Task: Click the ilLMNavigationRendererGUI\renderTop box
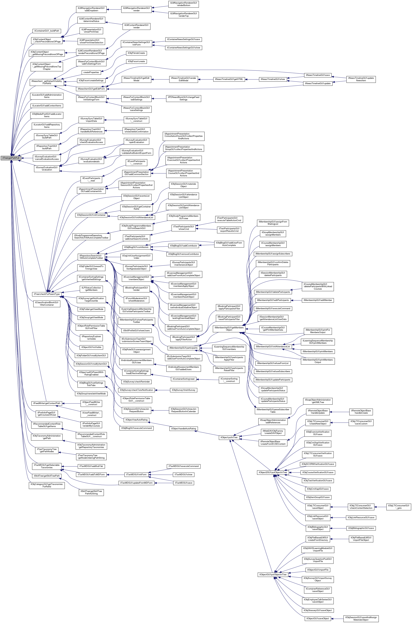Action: tap(183, 15)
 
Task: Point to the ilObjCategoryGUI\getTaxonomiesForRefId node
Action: tap(47, 485)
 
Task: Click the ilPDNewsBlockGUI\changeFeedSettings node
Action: tap(183, 98)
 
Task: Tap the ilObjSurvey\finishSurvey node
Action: tap(183, 390)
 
